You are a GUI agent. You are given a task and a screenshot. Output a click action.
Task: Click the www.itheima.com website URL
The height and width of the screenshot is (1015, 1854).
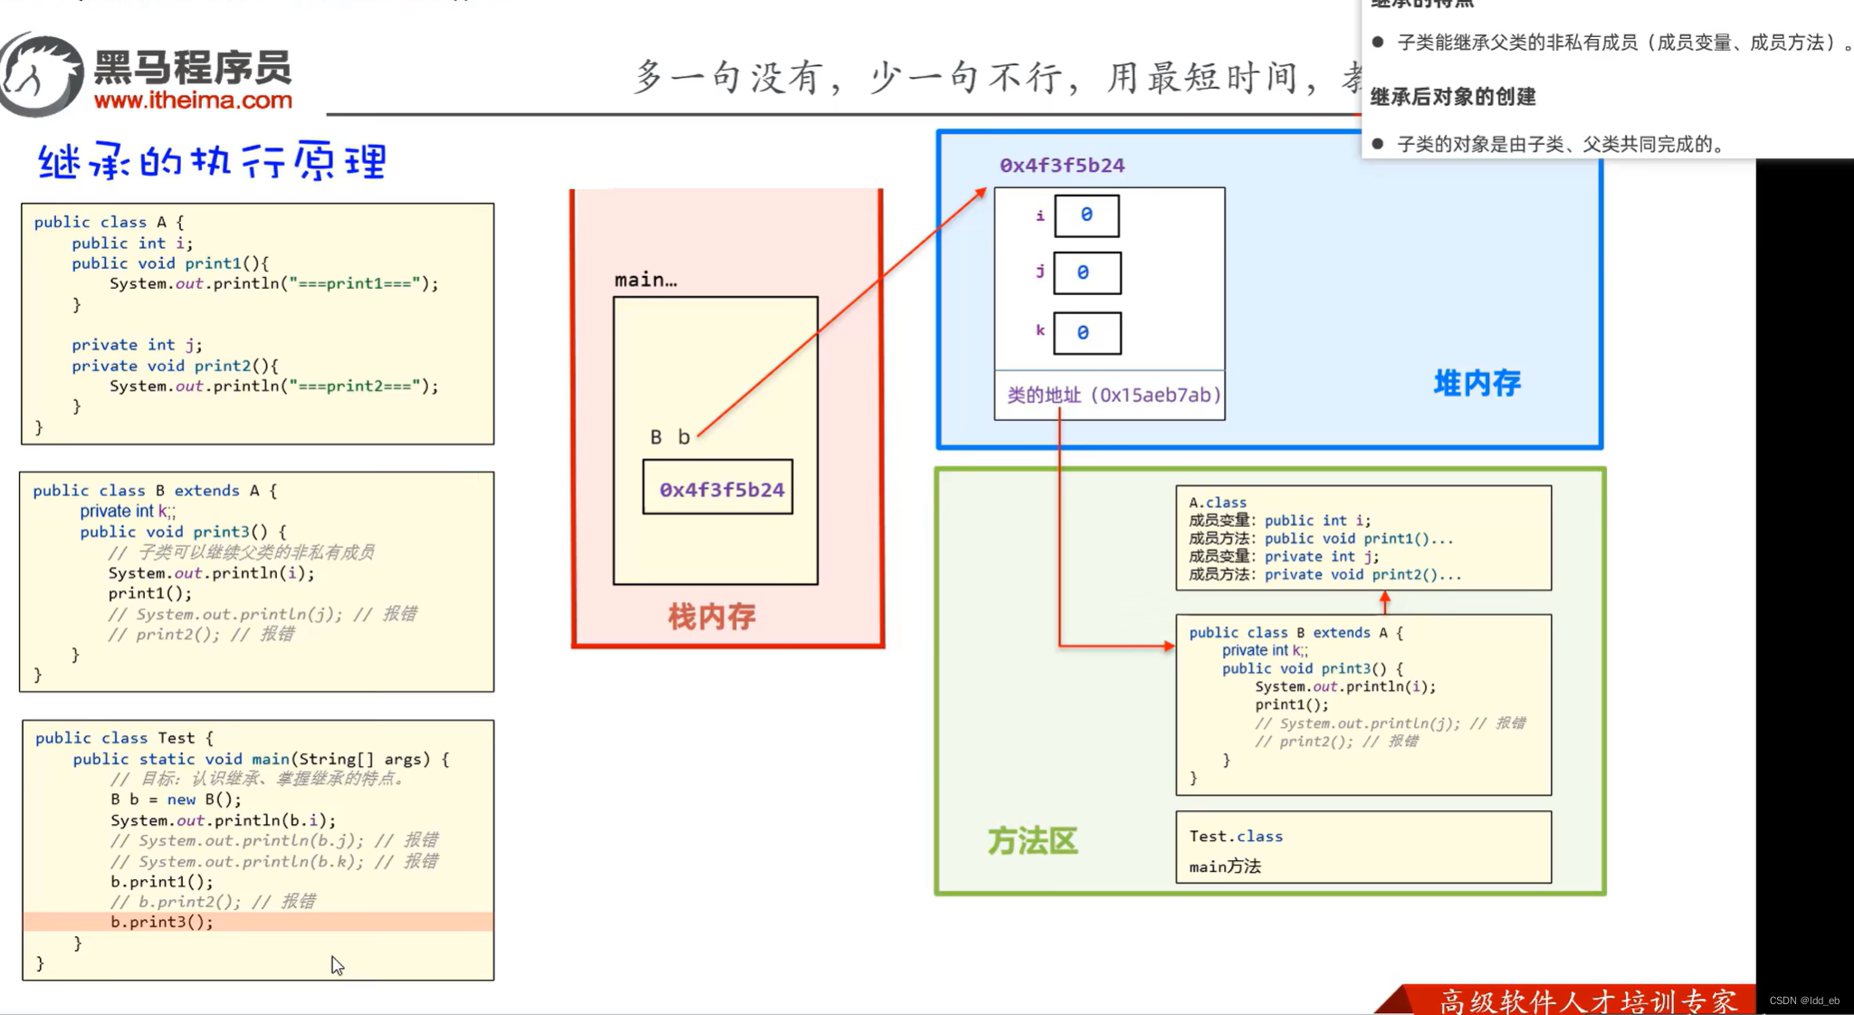click(193, 101)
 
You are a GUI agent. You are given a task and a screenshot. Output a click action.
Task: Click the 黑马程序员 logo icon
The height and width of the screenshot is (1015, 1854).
click(41, 74)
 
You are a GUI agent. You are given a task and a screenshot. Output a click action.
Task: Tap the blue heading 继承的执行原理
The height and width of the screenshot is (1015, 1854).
click(213, 162)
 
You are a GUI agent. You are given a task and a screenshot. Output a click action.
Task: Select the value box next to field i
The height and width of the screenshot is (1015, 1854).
click(1086, 215)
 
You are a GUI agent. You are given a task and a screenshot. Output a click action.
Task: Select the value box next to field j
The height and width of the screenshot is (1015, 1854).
click(1086, 273)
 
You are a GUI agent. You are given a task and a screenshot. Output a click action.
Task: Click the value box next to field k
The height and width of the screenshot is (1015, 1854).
click(1086, 333)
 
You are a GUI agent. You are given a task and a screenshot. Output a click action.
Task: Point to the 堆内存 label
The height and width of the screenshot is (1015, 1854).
click(1477, 383)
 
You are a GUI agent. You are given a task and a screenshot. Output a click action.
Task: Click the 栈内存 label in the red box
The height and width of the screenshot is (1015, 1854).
click(712, 618)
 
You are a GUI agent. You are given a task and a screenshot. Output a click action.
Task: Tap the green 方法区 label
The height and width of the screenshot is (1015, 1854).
click(1032, 841)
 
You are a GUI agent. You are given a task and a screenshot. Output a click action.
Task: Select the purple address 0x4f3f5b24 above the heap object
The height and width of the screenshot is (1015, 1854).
click(1062, 166)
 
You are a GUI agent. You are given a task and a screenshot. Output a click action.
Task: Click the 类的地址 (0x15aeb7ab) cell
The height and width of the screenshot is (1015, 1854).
click(1113, 396)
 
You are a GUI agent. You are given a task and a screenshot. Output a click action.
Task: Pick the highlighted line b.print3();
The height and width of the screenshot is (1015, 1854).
click(163, 922)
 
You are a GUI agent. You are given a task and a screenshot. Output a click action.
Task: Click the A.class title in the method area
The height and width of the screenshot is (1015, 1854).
click(1217, 503)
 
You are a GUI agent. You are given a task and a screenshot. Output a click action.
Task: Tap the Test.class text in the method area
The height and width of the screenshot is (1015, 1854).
click(1235, 837)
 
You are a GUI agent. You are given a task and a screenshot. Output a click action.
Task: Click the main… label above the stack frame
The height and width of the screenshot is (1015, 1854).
click(645, 281)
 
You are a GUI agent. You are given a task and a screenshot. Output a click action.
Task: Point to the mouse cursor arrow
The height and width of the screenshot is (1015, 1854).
click(336, 964)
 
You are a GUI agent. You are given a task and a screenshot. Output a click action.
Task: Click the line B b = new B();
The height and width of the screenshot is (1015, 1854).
click(177, 800)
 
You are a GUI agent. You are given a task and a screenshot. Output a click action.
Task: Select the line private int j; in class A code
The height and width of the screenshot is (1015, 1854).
click(137, 345)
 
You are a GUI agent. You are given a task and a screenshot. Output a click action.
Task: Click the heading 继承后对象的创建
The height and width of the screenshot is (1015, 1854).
click(1452, 97)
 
